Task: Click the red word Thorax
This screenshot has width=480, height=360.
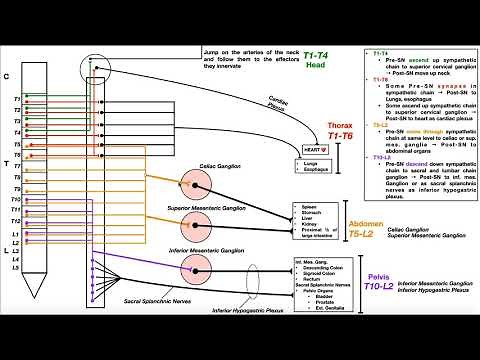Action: coord(341,127)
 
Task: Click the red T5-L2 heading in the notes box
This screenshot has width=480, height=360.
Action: coord(383,124)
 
